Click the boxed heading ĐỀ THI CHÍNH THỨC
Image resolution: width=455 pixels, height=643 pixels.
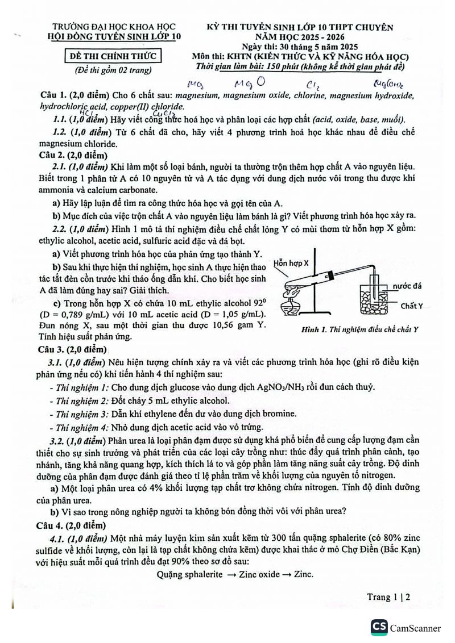(112, 56)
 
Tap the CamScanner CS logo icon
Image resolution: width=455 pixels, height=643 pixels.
(379, 627)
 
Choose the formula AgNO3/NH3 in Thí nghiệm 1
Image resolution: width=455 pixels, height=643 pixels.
(283, 387)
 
